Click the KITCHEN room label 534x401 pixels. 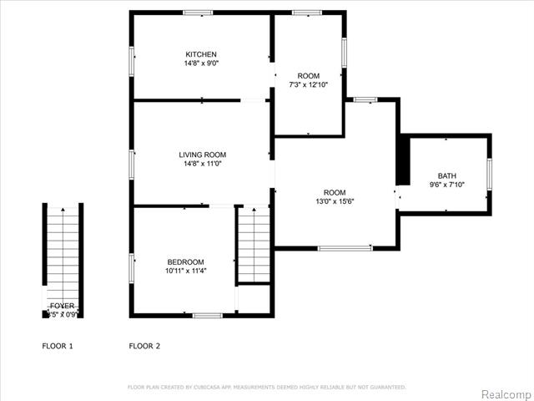pos(201,54)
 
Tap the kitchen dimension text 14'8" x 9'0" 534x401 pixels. pos(201,63)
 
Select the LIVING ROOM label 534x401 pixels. pos(202,155)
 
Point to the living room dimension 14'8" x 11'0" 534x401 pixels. pos(202,164)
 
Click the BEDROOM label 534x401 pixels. pos(184,261)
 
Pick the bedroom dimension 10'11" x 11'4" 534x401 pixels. pos(184,271)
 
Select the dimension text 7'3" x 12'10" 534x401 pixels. pos(309,84)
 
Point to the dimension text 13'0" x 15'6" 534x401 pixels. pos(335,201)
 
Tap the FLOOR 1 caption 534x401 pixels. pos(58,345)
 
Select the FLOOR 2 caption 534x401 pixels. pos(144,345)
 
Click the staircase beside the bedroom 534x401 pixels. pos(254,245)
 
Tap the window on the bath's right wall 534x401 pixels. pos(490,175)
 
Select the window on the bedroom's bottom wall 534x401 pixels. pos(206,315)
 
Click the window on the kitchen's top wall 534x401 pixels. pos(198,13)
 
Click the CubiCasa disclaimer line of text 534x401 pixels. pos(266,387)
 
